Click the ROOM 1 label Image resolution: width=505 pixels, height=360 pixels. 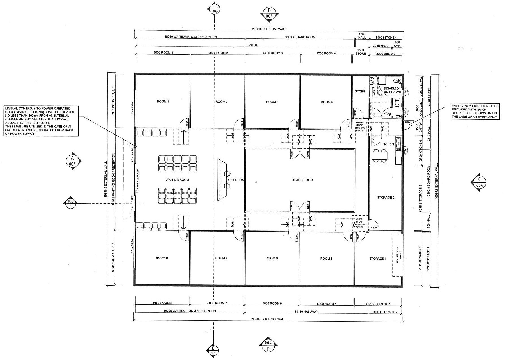[x=163, y=101]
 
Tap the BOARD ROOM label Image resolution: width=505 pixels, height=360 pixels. [x=302, y=180]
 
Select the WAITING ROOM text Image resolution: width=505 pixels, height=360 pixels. [x=177, y=180]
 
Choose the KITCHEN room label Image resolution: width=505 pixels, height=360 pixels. [x=387, y=144]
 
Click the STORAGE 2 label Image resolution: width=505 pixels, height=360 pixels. [x=385, y=198]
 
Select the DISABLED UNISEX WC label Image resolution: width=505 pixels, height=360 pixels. [x=392, y=90]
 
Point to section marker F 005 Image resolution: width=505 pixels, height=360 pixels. [x=71, y=203]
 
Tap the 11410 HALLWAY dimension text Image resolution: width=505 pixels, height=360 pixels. [x=306, y=311]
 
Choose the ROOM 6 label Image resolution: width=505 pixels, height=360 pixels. [x=272, y=258]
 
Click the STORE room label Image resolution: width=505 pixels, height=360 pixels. [x=360, y=92]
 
